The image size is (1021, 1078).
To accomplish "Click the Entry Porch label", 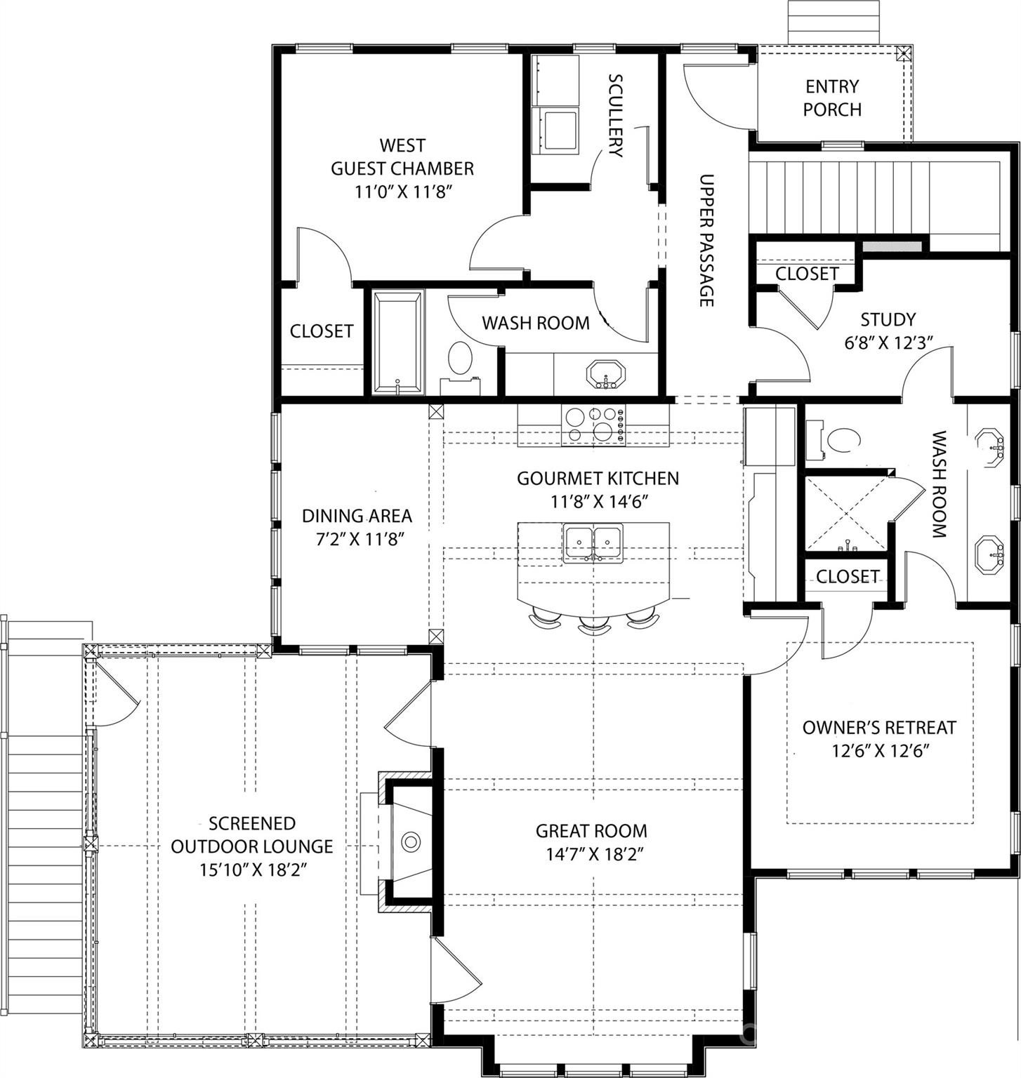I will click(x=832, y=98).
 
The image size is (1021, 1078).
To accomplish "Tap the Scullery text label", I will click(x=615, y=115).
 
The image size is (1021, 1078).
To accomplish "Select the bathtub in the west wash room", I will click(x=397, y=342).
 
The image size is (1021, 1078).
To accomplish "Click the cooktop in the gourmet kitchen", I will click(x=593, y=425).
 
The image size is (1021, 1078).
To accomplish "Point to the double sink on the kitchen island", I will click(x=593, y=542).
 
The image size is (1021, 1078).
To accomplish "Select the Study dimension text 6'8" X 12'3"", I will click(x=888, y=343).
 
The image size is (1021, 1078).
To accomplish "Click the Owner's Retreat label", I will click(x=879, y=727).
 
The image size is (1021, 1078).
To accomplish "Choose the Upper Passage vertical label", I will click(x=706, y=240).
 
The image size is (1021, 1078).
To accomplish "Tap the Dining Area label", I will click(x=357, y=516).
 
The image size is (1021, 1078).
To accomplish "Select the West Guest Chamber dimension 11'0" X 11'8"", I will click(x=402, y=192).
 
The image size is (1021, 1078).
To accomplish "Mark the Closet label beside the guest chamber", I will click(x=322, y=331).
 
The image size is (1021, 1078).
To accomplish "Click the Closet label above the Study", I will click(x=807, y=273).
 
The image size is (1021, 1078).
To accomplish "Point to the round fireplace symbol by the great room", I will click(x=410, y=841).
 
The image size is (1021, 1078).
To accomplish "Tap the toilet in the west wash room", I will click(x=460, y=359).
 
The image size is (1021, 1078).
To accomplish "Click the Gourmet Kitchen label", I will click(x=598, y=478).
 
